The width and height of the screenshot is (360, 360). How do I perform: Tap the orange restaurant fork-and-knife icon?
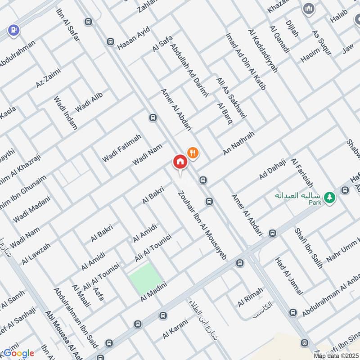coord(193,153)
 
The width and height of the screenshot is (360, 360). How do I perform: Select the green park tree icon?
coord(330,197)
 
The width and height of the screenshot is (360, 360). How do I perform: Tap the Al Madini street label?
coord(154,292)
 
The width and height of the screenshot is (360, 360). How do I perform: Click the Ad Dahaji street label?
coord(272,169)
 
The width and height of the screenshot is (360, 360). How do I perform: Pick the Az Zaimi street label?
coord(48,77)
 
